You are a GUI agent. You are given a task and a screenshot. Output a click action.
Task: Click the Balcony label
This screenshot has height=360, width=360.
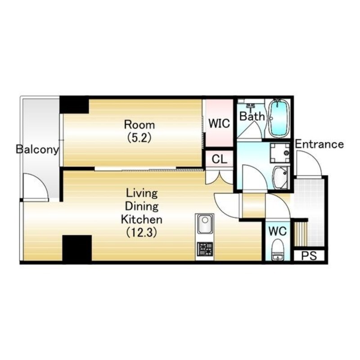37,149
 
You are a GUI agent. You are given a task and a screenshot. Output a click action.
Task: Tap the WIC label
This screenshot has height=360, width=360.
219,123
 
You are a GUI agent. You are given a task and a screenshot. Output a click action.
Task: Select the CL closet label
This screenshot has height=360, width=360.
219,159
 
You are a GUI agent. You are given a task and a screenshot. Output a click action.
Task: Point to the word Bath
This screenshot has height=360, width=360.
252,116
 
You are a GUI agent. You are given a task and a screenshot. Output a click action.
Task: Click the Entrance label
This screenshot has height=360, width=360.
319,144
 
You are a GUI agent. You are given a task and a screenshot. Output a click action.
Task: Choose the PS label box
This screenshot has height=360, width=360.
309,256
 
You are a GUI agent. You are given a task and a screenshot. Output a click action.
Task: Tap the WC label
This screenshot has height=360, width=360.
278,231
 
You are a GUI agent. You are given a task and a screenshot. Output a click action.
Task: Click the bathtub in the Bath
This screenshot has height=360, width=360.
279,118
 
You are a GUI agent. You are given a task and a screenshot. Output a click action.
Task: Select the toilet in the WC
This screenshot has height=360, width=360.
278,250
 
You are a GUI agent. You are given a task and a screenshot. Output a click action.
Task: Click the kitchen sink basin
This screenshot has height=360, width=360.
205,224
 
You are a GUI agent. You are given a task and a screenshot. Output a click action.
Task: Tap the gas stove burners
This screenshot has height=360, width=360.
205,250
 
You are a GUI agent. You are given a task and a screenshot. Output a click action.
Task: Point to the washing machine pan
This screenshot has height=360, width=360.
280,153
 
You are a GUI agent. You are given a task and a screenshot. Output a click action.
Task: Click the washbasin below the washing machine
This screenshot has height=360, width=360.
280,178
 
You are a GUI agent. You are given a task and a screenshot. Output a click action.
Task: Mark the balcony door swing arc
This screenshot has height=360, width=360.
40,182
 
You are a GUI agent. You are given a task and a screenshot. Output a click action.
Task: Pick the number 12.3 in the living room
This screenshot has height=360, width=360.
141,233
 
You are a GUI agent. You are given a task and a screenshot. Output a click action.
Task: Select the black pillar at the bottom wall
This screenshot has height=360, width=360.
77,249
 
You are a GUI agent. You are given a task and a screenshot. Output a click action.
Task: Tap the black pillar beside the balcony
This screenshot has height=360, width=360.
74,105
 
